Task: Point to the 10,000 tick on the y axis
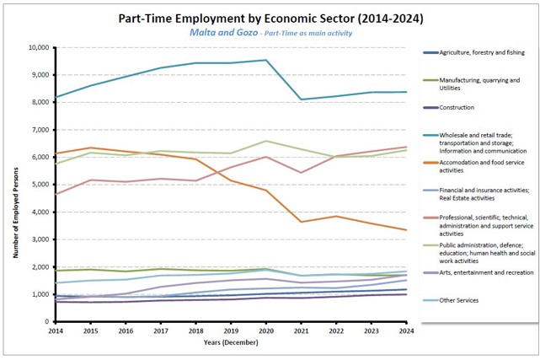(x=38, y=47)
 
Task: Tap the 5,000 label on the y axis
(x=40, y=185)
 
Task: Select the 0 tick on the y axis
(x=47, y=322)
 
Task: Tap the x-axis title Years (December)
(x=231, y=343)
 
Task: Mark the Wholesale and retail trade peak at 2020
(x=266, y=60)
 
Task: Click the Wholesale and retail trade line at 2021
(x=302, y=99)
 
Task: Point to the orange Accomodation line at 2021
(x=302, y=222)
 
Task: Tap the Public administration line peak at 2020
(x=266, y=141)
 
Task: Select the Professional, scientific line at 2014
(x=56, y=194)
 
